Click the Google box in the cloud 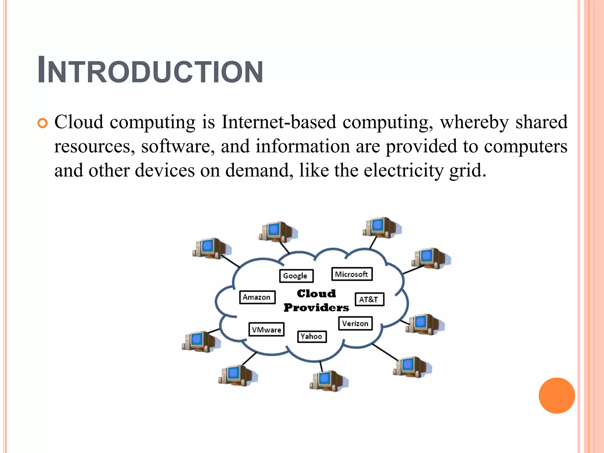pyautogui.click(x=296, y=276)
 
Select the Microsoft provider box pyautogui.click(x=352, y=274)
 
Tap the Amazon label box pyautogui.click(x=257, y=297)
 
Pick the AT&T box pyautogui.click(x=369, y=299)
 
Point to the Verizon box pyautogui.click(x=355, y=323)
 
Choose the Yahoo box pyautogui.click(x=312, y=336)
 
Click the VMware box pyautogui.click(x=266, y=329)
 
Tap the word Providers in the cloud pyautogui.click(x=316, y=308)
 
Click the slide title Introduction pyautogui.click(x=150, y=71)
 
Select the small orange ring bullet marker pyautogui.click(x=42, y=123)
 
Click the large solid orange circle pyautogui.click(x=557, y=395)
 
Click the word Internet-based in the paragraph pyautogui.click(x=279, y=122)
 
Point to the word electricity pyautogui.click(x=403, y=170)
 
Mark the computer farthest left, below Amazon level pyautogui.click(x=201, y=342)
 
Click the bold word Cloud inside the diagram pyautogui.click(x=316, y=293)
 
